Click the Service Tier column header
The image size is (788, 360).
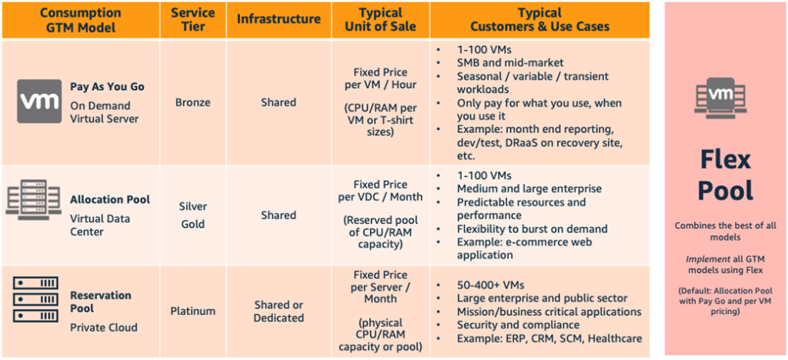tap(192, 20)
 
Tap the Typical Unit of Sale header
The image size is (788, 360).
tap(381, 20)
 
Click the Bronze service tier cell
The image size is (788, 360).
tap(192, 102)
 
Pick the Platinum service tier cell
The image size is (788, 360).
tap(192, 312)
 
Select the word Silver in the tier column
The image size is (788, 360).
tap(192, 207)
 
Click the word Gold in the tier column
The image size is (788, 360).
tap(192, 224)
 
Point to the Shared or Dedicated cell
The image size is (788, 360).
tap(279, 312)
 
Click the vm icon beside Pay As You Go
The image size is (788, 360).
tap(39, 101)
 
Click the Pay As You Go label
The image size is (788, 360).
tap(107, 87)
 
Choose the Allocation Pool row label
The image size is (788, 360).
tap(109, 199)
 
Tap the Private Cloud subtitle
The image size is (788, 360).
tap(103, 328)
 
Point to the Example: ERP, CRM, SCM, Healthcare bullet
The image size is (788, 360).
tap(549, 338)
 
